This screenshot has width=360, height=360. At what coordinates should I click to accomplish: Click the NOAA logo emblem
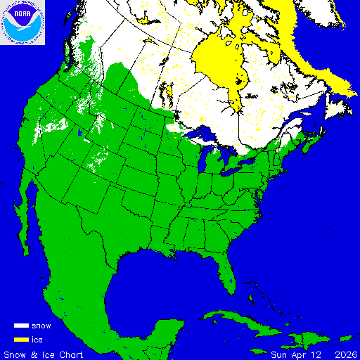pos(22,22)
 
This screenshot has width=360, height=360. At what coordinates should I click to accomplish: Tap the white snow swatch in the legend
pos(21,326)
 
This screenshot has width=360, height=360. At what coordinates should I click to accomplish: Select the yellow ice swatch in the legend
pos(21,339)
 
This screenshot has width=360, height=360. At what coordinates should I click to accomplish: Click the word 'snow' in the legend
pos(41,326)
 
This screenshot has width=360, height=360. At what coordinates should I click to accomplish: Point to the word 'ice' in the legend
pos(37,339)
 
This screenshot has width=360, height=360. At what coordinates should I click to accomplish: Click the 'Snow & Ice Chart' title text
pos(44,353)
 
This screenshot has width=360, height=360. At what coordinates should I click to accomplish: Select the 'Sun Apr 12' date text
pos(290,353)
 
